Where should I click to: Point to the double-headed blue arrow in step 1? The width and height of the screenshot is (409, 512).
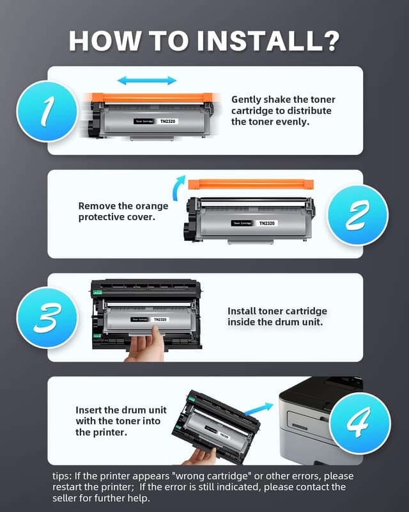coord(148,81)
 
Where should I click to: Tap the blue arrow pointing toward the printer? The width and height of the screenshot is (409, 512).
coord(261,407)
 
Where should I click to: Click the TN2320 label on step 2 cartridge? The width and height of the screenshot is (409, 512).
coord(267,223)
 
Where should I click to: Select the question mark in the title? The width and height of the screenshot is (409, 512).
coord(330,40)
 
